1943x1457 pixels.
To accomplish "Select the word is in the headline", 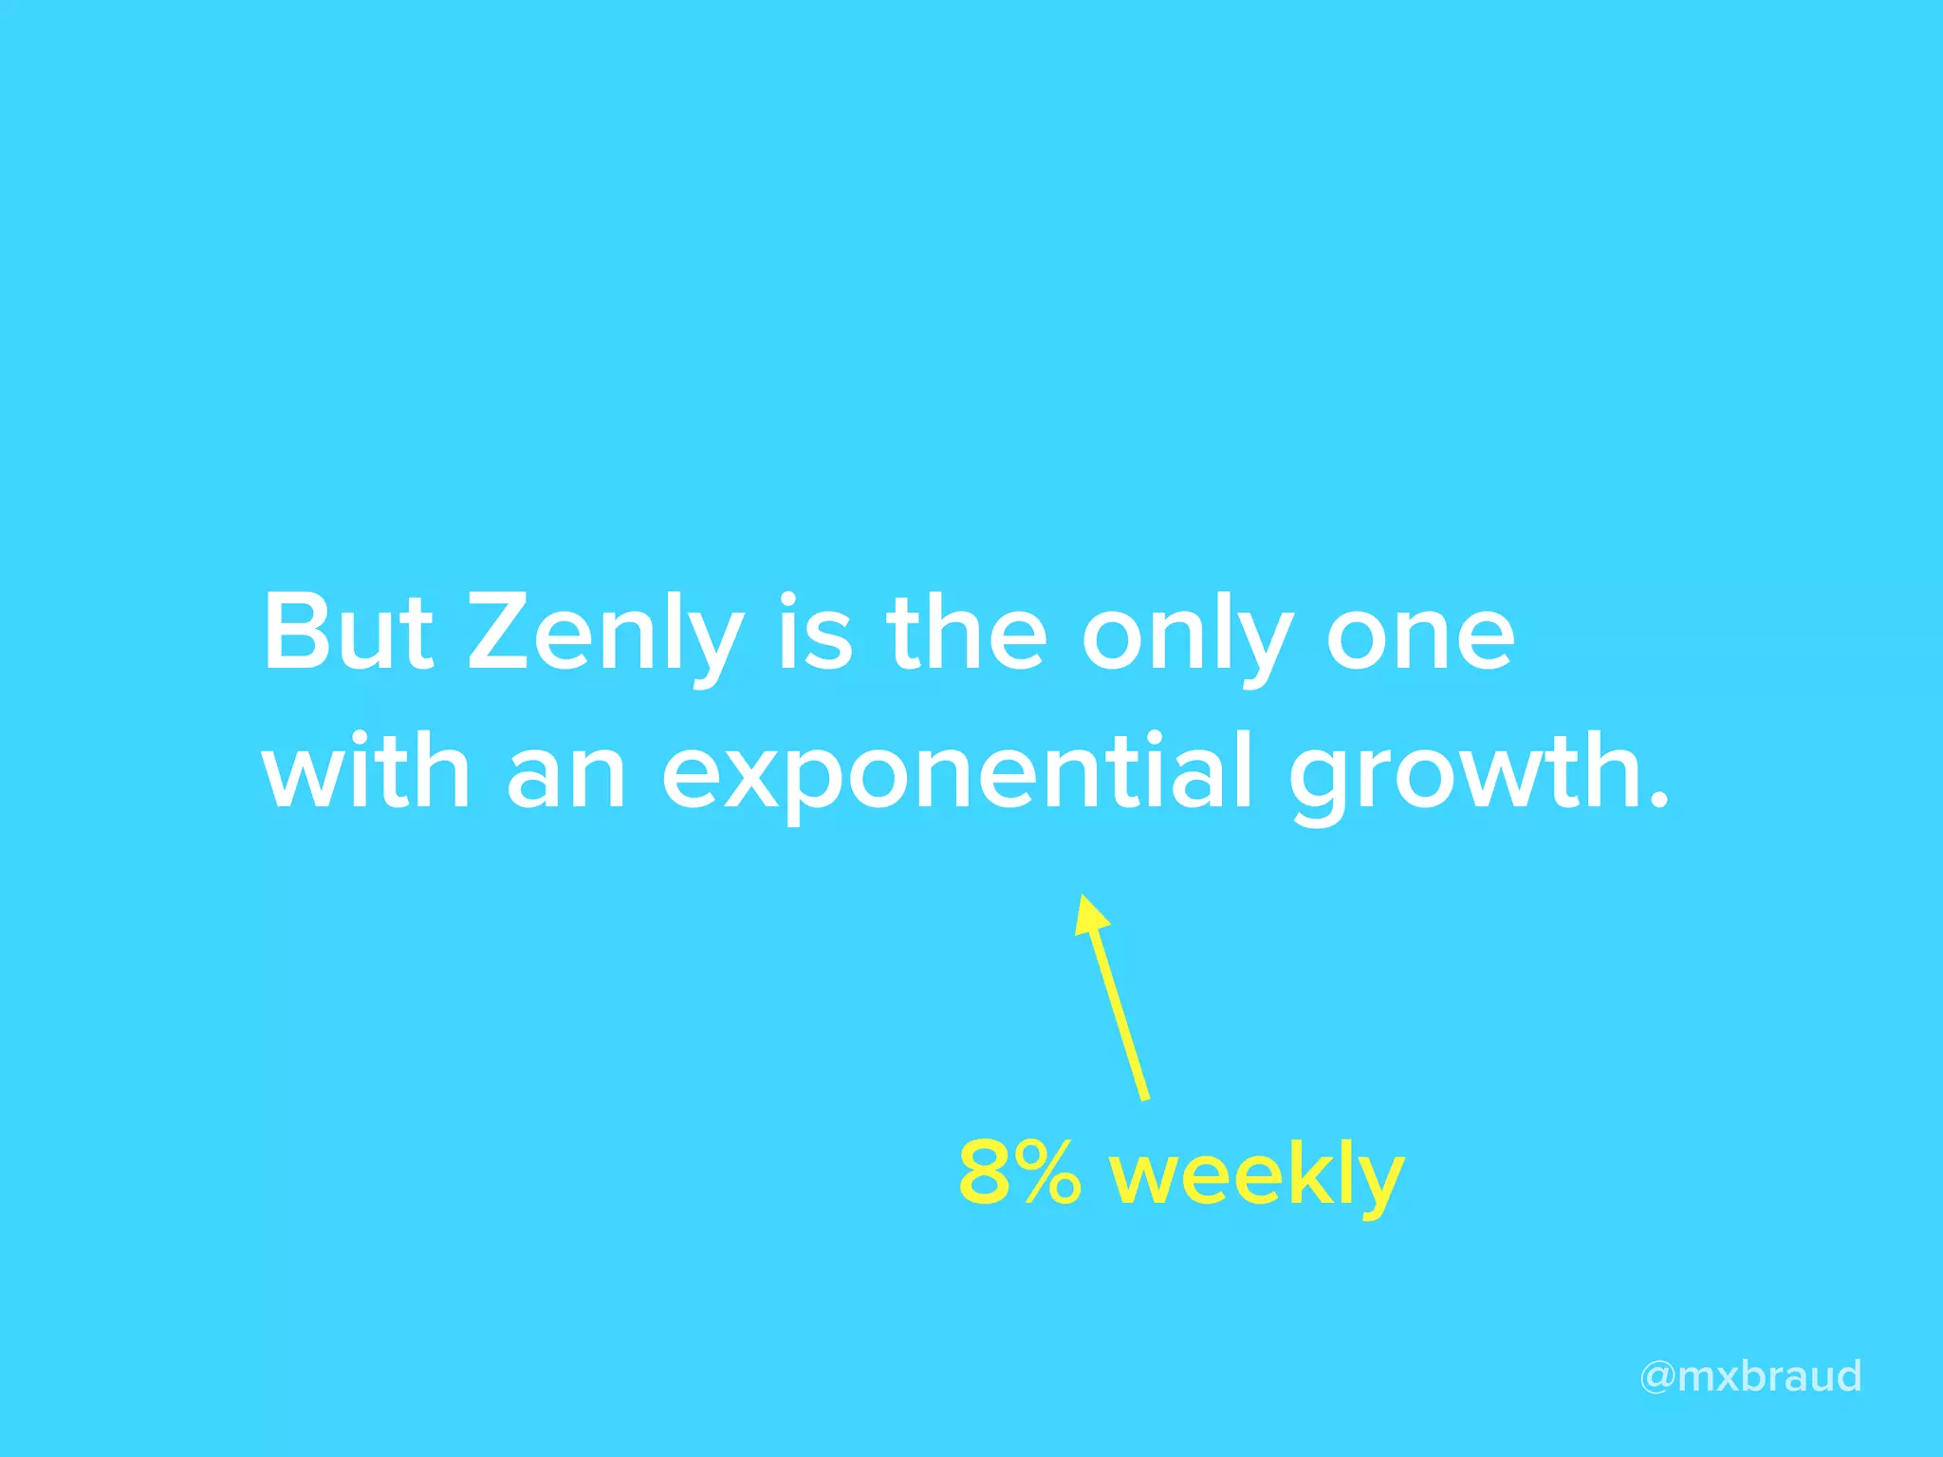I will click(x=815, y=632).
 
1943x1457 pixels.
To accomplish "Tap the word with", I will click(x=366, y=770).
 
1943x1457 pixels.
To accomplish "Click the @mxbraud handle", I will click(x=1750, y=1376).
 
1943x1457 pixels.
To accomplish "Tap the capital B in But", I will click(x=295, y=634).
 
